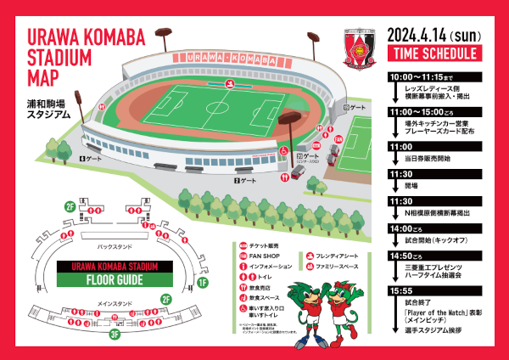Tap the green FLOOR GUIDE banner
[114, 279]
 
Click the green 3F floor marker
[114, 334]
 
